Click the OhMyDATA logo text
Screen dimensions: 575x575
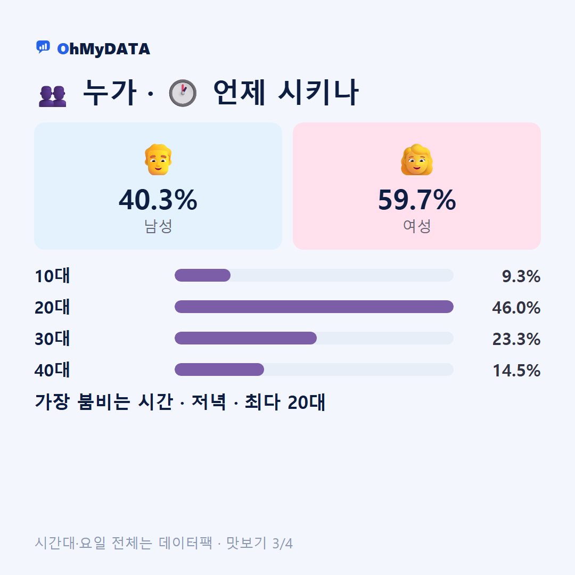click(103, 49)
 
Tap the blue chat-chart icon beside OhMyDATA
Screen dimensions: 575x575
click(43, 47)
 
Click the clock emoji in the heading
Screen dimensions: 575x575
click(183, 93)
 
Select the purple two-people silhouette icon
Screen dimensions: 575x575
click(52, 96)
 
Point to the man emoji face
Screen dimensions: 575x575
click(158, 160)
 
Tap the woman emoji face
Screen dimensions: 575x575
click(416, 160)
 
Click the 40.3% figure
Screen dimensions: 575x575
click(158, 200)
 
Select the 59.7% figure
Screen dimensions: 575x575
click(417, 200)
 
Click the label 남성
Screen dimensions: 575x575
click(158, 226)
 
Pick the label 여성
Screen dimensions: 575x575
click(417, 226)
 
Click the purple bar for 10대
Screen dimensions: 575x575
click(202, 275)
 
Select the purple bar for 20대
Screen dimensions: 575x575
click(314, 307)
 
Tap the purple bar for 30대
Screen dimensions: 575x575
click(245, 338)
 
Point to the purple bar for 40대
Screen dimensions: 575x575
click(219, 369)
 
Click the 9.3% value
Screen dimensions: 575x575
click(521, 276)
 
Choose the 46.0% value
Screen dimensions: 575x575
click(516, 308)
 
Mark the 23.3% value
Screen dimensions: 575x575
click(516, 339)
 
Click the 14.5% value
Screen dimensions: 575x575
click(516, 371)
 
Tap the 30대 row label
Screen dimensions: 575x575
click(52, 339)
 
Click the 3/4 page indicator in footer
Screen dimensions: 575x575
click(282, 544)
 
